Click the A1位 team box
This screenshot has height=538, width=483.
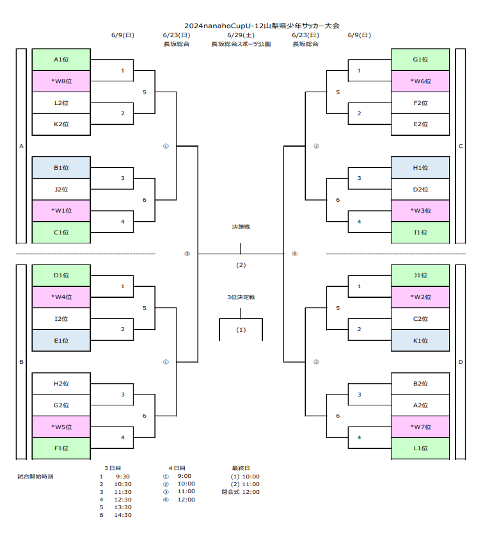coord(61,60)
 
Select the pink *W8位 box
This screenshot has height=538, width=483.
coord(61,81)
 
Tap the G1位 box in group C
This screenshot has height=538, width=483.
coord(420,60)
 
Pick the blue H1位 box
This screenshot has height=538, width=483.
coord(420,168)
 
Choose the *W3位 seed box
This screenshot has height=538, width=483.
coord(420,211)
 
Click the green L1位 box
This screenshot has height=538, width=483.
coord(420,448)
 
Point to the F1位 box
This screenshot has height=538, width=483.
coord(61,448)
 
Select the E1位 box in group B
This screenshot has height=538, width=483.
coord(61,341)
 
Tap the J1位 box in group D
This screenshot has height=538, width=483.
coord(420,275)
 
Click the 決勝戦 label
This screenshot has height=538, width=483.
coord(241,227)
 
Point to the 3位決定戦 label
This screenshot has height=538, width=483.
coord(241,298)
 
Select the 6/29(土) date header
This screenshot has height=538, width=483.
coord(241,35)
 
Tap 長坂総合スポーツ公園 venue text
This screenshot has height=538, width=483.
coord(241,45)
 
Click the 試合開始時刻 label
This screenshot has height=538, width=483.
coord(35,477)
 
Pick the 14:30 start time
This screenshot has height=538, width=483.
coord(123,515)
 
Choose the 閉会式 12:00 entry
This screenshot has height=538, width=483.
coord(241,492)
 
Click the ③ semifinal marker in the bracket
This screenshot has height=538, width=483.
coord(187,254)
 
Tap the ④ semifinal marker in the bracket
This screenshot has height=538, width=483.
coord(295,254)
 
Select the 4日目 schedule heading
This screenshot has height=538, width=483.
coord(177,468)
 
